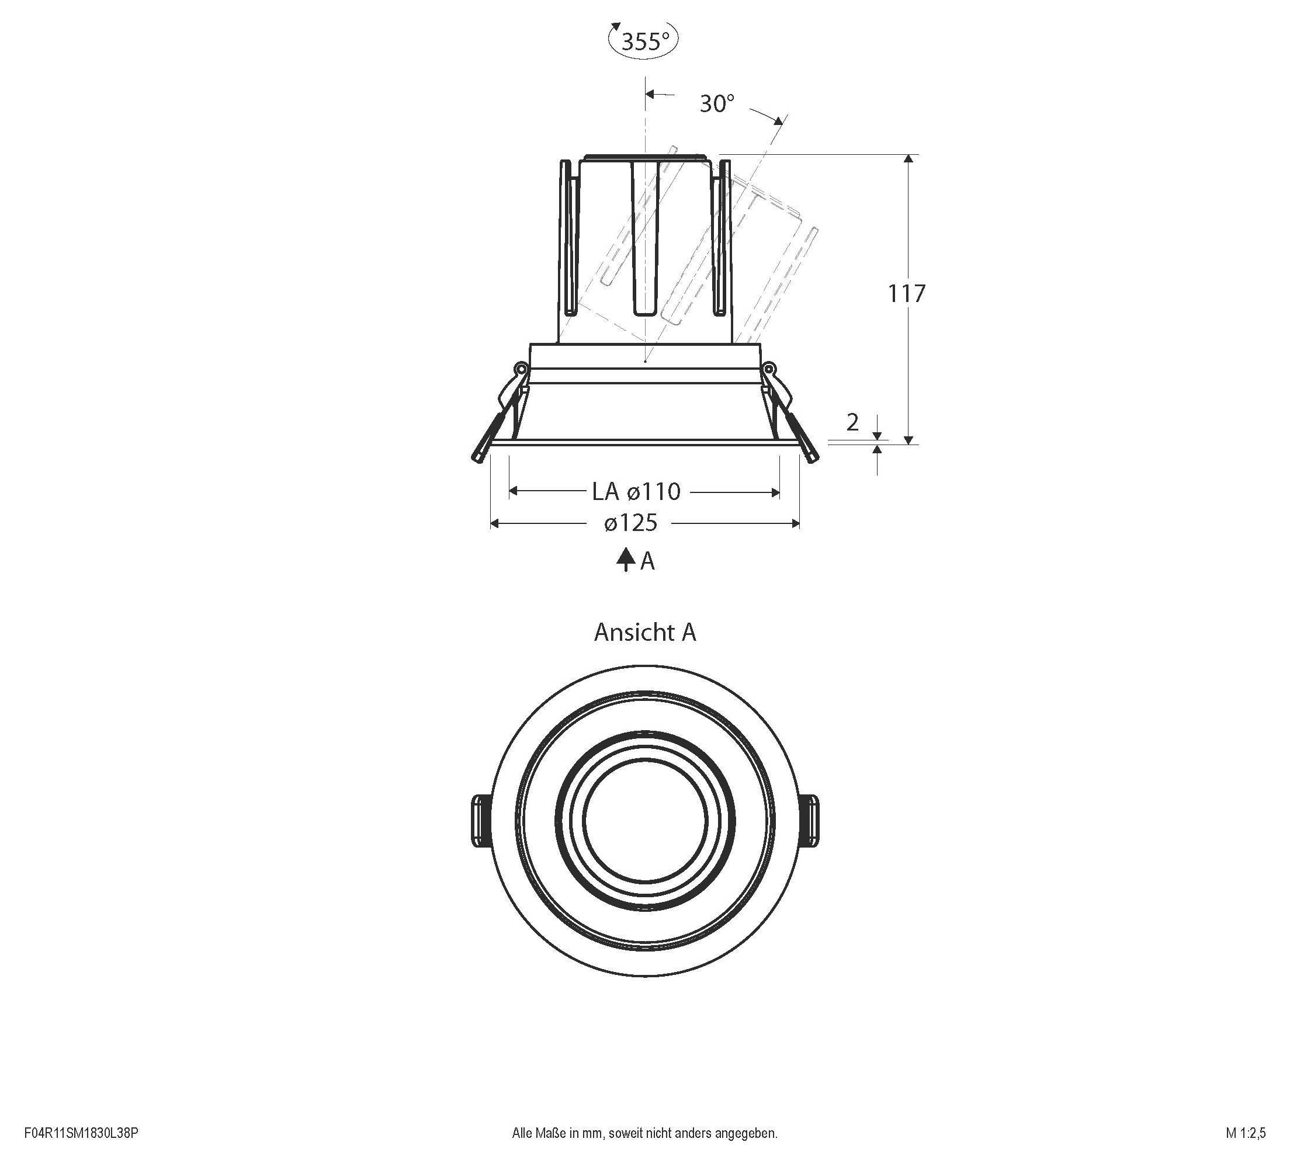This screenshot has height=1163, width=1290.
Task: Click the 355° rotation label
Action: pos(645,41)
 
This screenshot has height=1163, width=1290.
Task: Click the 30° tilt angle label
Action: pos(717,103)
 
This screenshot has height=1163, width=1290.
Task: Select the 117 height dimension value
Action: pos(907,293)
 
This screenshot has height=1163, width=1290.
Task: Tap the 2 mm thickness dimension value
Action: pos(852,422)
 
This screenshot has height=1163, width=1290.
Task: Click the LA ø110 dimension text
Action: pos(636,491)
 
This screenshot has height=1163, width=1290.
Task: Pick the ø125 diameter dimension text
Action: pos(630,523)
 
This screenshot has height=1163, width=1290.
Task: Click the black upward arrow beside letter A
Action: pos(625,560)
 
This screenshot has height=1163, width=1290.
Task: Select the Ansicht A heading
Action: pos(644,632)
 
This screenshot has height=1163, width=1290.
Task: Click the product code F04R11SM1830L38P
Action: pos(81,1133)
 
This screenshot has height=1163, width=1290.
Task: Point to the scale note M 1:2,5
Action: pos(1245,1133)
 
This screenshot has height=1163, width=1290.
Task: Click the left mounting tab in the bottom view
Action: pos(480,821)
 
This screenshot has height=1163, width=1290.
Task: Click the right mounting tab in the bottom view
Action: pos(810,821)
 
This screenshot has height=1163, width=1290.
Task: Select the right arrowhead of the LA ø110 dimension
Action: pos(775,492)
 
